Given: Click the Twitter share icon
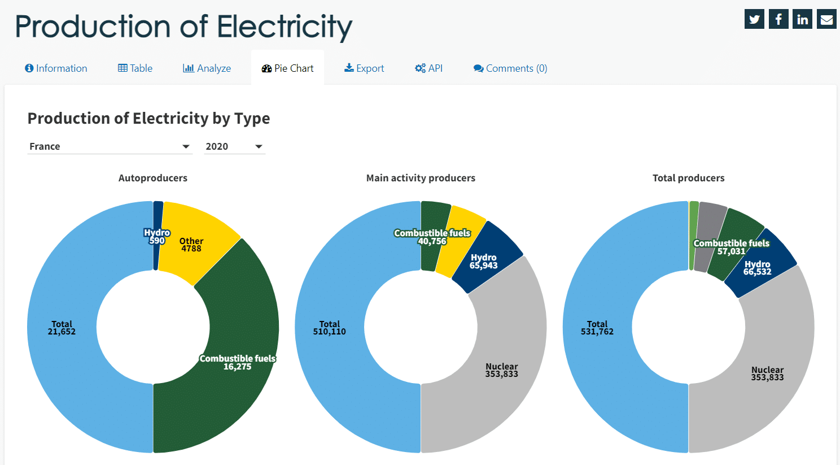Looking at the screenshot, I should pyautogui.click(x=754, y=19).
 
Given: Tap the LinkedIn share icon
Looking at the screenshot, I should pyautogui.click(x=802, y=19).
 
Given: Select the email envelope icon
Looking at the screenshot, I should pyautogui.click(x=826, y=19).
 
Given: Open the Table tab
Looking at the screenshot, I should pyautogui.click(x=135, y=68).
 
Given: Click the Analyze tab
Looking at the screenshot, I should pyautogui.click(x=207, y=68).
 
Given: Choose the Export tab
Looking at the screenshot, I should pyautogui.click(x=364, y=68).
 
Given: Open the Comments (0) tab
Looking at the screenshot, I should pyautogui.click(x=510, y=68).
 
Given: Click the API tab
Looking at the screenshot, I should pyautogui.click(x=429, y=68).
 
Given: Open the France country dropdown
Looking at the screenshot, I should pyautogui.click(x=110, y=146).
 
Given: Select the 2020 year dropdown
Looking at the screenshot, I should pyautogui.click(x=234, y=146).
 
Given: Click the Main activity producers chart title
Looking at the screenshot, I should pyautogui.click(x=421, y=178).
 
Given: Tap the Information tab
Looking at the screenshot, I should pyautogui.click(x=56, y=68).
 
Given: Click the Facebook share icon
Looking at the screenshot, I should pyautogui.click(x=778, y=19).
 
